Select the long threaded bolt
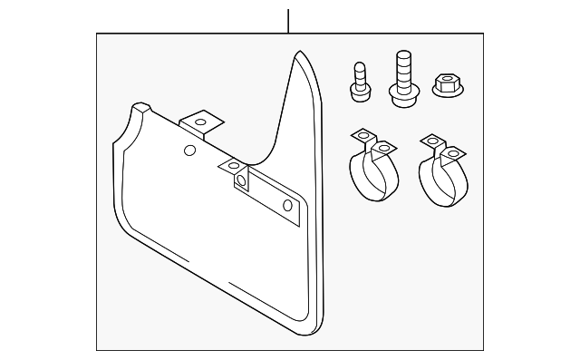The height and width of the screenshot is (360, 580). click(402, 73)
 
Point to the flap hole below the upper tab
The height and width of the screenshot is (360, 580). click(189, 150)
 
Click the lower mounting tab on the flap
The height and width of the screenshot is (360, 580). click(234, 166)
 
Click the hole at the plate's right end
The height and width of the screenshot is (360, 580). click(288, 206)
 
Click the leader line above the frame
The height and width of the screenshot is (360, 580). click(288, 21)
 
